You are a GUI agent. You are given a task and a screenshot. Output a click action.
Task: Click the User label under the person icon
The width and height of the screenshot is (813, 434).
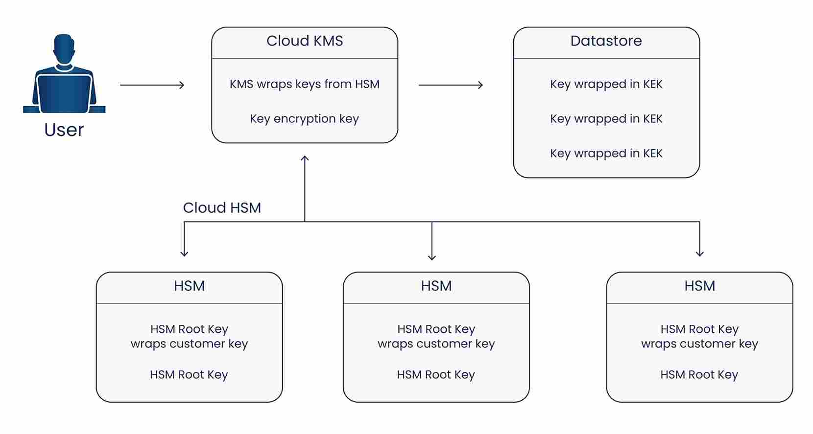pos(64,130)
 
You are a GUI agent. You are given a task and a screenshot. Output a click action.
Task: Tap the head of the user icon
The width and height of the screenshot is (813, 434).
pos(64,48)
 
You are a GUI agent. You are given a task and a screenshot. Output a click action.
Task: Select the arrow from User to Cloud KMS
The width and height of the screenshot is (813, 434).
pos(152,85)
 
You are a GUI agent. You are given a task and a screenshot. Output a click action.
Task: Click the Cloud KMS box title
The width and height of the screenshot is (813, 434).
pos(305,41)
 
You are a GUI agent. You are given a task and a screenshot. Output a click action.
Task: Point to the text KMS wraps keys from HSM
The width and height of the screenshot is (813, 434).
pos(305,84)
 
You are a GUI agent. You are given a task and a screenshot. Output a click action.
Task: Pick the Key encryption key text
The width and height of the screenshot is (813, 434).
pos(305,119)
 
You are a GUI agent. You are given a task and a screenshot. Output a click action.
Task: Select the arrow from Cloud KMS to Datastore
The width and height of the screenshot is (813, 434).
pos(451,85)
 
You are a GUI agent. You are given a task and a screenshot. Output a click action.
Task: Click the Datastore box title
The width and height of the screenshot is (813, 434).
pos(606,41)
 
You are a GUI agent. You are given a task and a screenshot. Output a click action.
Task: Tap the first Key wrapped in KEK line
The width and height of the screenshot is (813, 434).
pos(606,84)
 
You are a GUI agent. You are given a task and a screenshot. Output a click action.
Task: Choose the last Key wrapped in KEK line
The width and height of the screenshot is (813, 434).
pos(606,154)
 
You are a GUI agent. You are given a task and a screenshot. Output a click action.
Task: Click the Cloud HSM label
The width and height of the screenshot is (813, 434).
pos(222,208)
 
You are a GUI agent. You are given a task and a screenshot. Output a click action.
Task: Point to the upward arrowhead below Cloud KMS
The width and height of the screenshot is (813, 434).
pos(305,159)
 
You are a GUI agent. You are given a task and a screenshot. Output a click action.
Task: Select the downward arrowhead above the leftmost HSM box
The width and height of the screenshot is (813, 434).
pos(184,253)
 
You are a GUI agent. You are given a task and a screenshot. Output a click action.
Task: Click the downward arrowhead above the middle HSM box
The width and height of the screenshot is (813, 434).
pos(431,256)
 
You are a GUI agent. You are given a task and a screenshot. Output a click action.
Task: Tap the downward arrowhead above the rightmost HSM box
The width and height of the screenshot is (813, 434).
pos(699,253)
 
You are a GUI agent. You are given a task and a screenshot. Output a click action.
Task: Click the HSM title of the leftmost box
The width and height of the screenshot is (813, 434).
pos(189,286)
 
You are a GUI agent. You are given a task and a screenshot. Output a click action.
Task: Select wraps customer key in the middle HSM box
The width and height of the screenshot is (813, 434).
pos(436,344)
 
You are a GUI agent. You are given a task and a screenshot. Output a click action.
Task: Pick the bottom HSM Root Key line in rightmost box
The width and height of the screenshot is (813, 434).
pos(699,375)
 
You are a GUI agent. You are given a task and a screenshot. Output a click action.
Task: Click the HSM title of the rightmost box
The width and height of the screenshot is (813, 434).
pos(699,286)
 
